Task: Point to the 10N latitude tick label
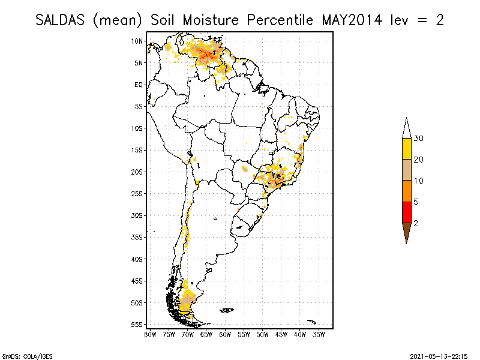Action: tap(137, 41)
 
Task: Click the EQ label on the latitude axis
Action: tap(139, 85)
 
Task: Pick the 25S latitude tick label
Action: tap(137, 193)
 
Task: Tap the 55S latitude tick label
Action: tap(137, 324)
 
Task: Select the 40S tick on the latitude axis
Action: tap(137, 259)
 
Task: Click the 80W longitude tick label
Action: tap(150, 334)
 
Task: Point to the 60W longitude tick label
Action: tap(225, 334)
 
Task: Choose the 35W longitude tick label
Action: tap(319, 334)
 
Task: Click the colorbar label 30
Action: tap(419, 139)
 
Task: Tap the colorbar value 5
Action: tap(416, 202)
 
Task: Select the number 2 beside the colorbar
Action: tap(416, 223)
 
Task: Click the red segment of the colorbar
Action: tap(406, 212)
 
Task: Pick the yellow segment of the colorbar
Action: tap(406, 149)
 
